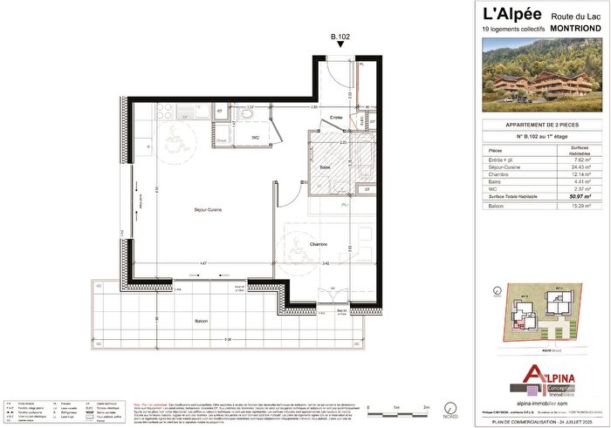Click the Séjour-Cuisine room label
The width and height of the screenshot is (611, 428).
click(211, 210)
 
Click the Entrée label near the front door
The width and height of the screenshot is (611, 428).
click(336, 117)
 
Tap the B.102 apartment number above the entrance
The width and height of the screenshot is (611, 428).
click(339, 37)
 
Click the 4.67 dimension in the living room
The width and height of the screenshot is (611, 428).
click(202, 262)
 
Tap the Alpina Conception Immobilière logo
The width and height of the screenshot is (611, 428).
click(542, 376)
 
